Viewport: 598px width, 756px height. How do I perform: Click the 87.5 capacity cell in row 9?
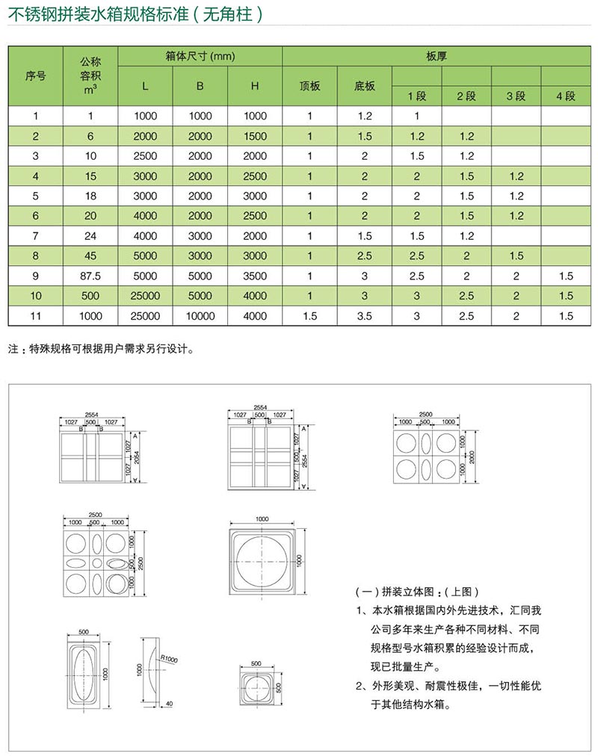(x=90, y=276)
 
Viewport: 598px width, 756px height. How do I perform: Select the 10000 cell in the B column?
(x=200, y=316)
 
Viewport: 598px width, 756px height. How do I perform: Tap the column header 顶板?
(x=309, y=86)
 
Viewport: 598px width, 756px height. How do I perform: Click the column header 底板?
(x=364, y=86)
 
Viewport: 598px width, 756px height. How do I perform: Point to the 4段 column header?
(x=566, y=96)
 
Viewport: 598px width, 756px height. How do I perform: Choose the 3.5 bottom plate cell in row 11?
(x=364, y=316)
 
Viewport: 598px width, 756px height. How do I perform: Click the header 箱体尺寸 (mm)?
(x=200, y=56)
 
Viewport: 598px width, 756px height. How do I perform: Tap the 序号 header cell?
(x=36, y=75)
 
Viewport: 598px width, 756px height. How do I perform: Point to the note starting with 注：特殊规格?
(x=101, y=349)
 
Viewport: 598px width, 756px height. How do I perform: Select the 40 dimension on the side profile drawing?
(x=170, y=704)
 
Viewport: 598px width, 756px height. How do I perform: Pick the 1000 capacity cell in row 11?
(x=90, y=316)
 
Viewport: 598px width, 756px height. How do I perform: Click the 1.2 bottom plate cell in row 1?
(x=364, y=116)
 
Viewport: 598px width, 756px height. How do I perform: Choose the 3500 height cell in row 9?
(x=254, y=276)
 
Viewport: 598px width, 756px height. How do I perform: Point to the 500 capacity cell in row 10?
(x=90, y=296)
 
